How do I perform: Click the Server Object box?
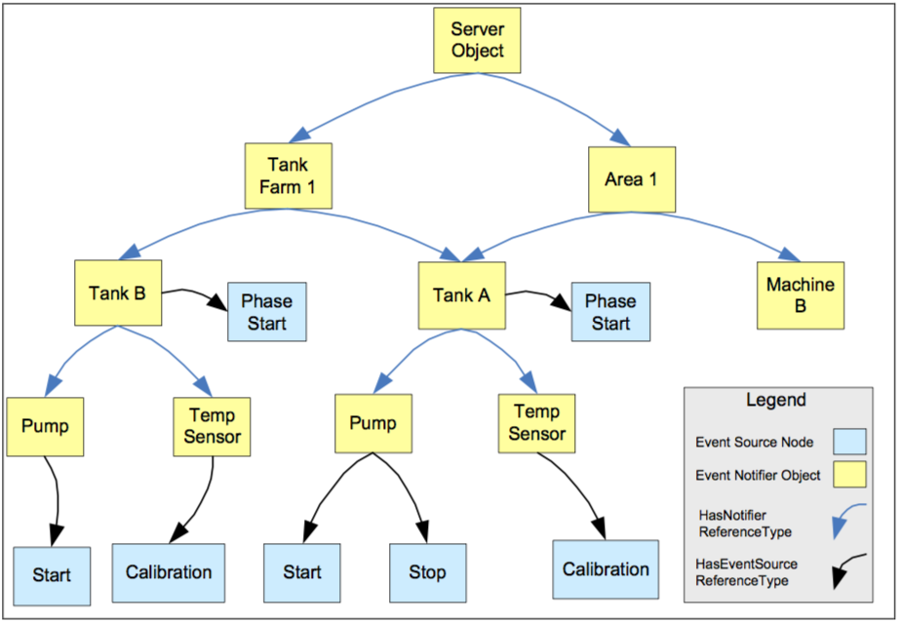coord(477,40)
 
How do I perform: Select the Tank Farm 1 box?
coord(288,175)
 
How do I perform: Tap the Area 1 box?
coord(631,179)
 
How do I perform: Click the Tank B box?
coord(117,292)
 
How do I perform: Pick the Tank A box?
coord(461,295)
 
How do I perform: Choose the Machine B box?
coord(800,294)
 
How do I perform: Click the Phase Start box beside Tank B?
coord(266,312)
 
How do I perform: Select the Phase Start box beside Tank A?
coord(610,312)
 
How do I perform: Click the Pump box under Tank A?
coord(373,424)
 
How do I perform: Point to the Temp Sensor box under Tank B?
coord(212,426)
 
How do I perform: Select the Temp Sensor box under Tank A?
coord(536,423)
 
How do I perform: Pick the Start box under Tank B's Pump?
coord(51,575)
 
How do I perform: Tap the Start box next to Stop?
coord(302,572)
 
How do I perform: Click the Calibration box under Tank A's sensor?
coord(606,569)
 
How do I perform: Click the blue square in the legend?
coord(849,441)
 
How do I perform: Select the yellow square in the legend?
coord(849,476)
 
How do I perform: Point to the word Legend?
coord(776,400)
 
